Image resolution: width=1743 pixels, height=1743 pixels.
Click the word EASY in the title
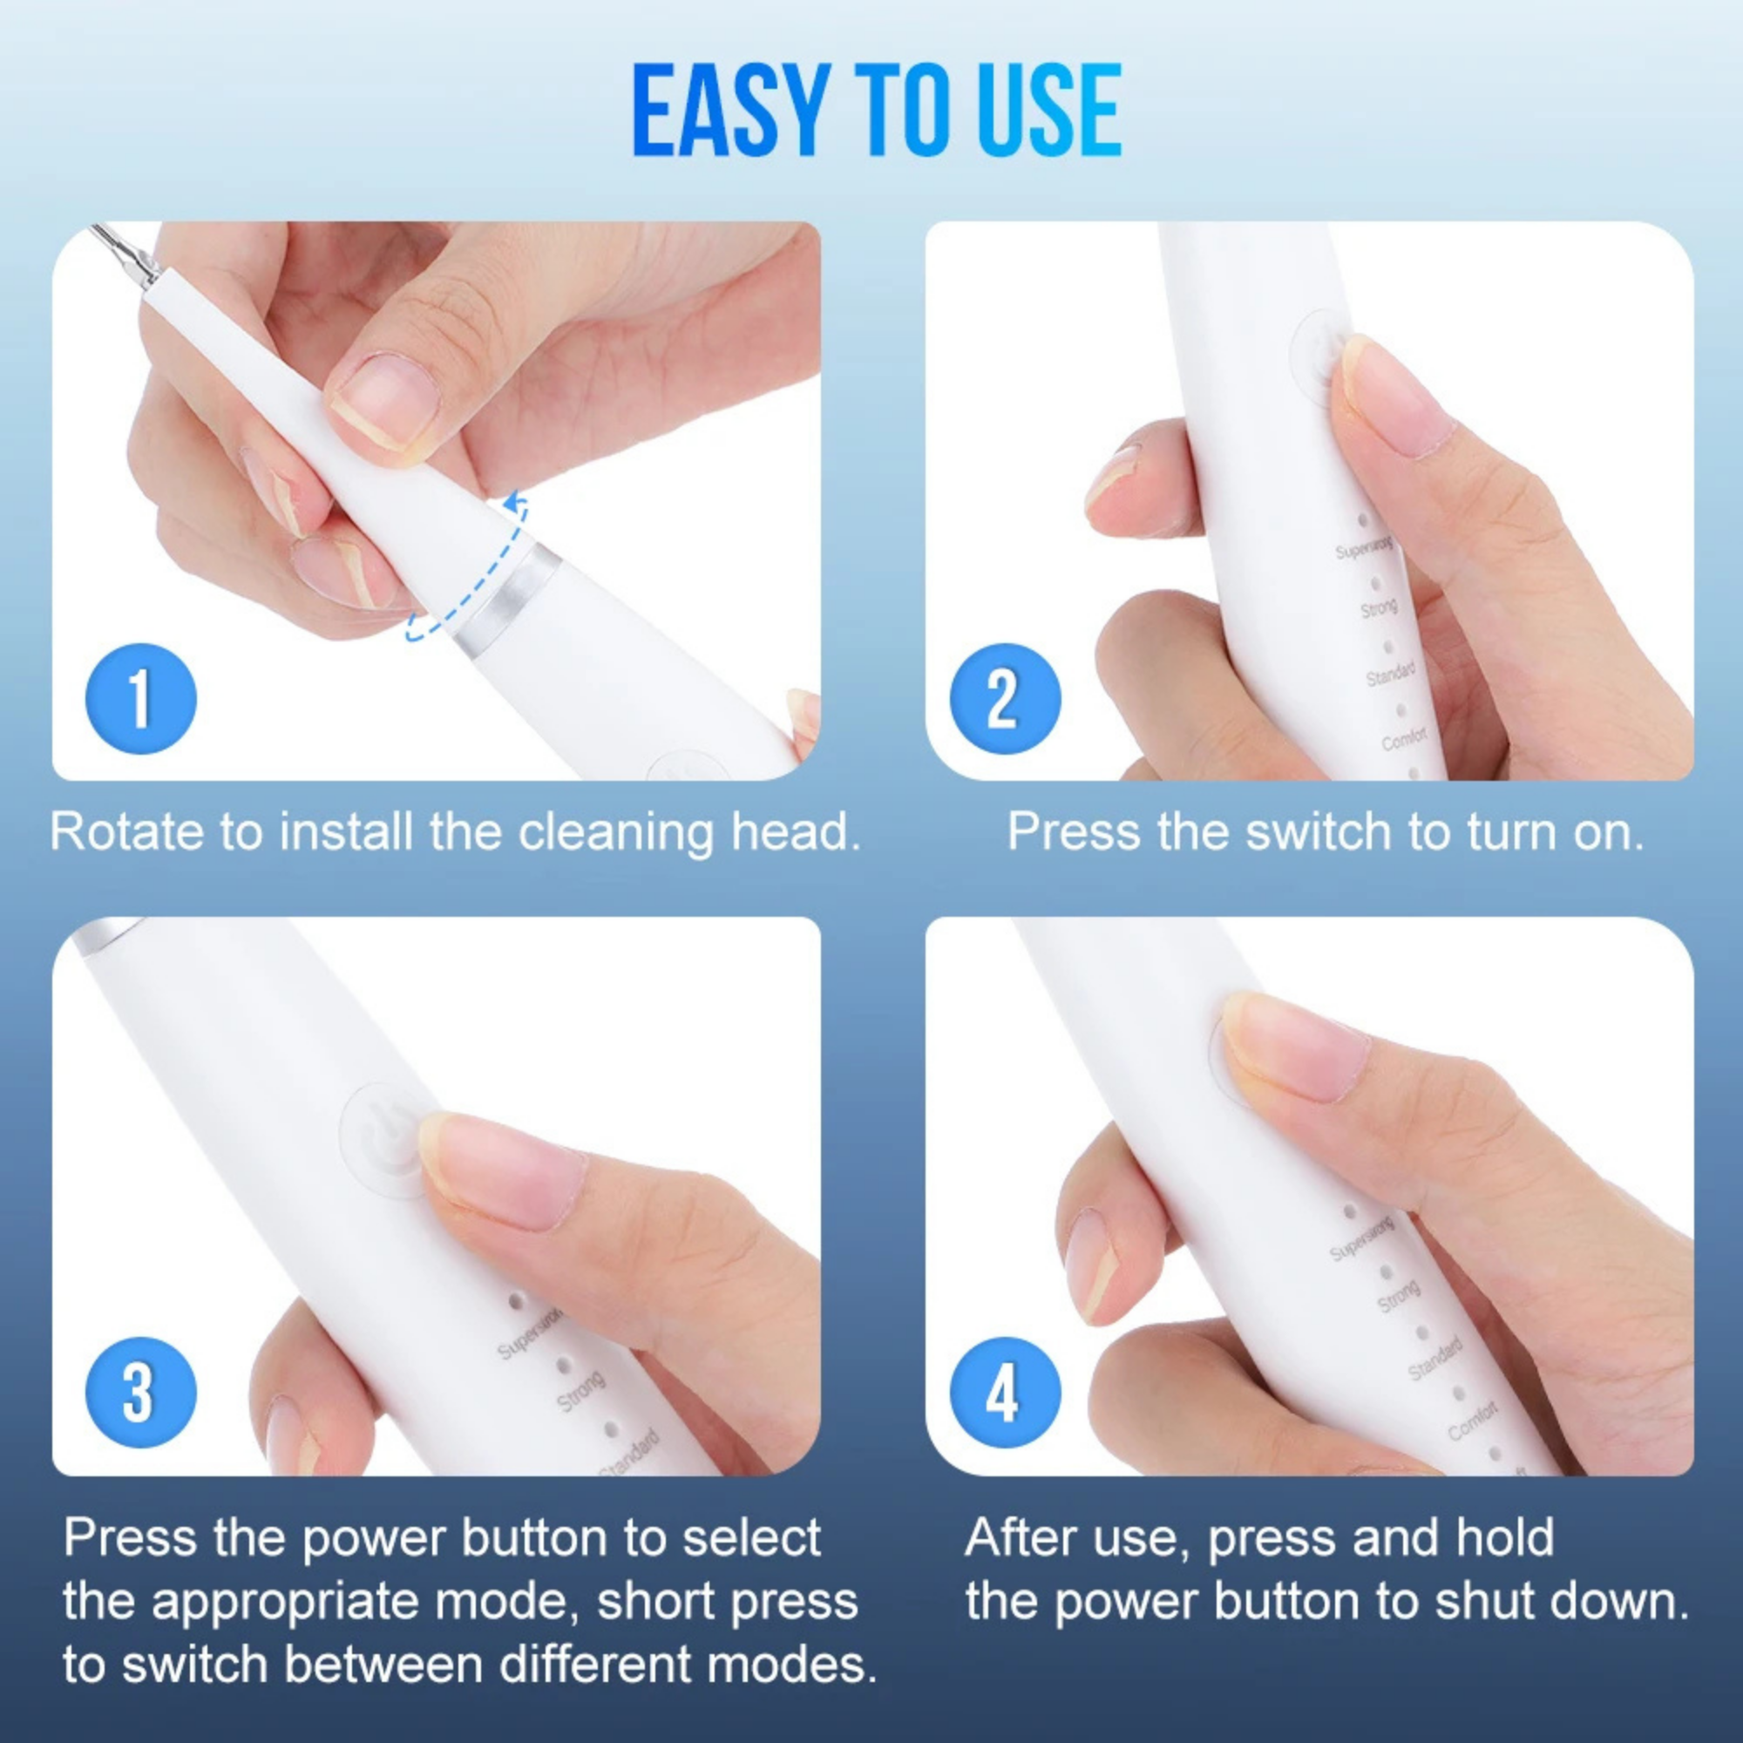point(731,110)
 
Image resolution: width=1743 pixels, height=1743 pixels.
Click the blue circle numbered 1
point(140,698)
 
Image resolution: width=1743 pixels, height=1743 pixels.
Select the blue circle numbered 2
point(1005,698)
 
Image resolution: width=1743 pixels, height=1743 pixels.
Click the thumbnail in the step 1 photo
point(383,397)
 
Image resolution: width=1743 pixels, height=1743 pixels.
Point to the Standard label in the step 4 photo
point(1434,1360)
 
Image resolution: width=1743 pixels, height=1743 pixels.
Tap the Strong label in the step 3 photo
point(580,1391)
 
